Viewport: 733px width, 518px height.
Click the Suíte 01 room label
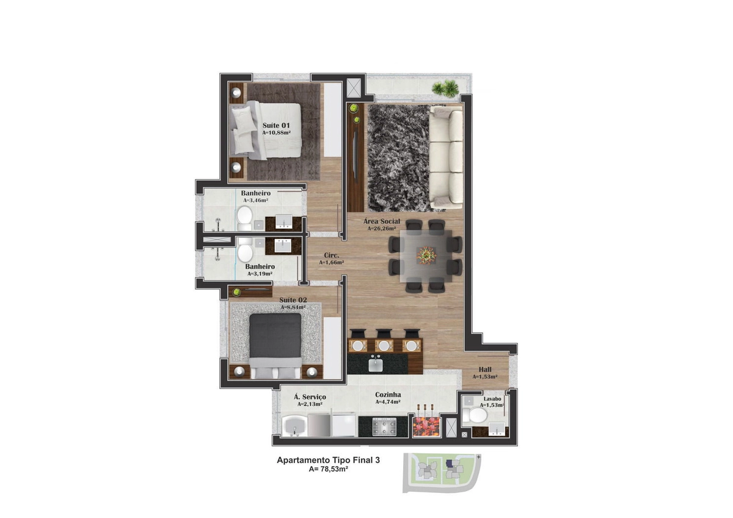pyautogui.click(x=276, y=125)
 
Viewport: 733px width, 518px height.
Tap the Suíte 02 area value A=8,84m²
pyautogui.click(x=293, y=307)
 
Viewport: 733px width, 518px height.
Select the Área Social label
pyautogui.click(x=382, y=221)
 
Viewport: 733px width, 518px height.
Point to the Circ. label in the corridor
pyautogui.click(x=332, y=255)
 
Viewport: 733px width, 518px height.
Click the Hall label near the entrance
pyautogui.click(x=485, y=370)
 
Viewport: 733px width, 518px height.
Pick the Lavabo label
pyautogui.click(x=492, y=399)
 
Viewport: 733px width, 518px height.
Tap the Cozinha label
pyautogui.click(x=388, y=395)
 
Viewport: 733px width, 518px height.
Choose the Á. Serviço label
pyautogui.click(x=310, y=397)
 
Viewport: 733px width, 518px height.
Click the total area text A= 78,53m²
pyautogui.click(x=328, y=469)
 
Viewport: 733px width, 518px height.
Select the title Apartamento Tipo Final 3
pyautogui.click(x=328, y=460)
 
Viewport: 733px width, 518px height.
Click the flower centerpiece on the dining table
pyautogui.click(x=426, y=254)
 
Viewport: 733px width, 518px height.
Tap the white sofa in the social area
pyautogui.click(x=446, y=156)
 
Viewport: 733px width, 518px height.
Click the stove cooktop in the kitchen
pyautogui.click(x=384, y=427)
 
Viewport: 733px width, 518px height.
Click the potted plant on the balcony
pyautogui.click(x=445, y=89)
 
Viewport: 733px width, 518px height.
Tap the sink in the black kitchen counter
pyautogui.click(x=376, y=365)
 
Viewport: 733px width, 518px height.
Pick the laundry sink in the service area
pyautogui.click(x=294, y=426)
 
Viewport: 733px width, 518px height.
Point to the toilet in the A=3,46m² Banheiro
pyautogui.click(x=244, y=218)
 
